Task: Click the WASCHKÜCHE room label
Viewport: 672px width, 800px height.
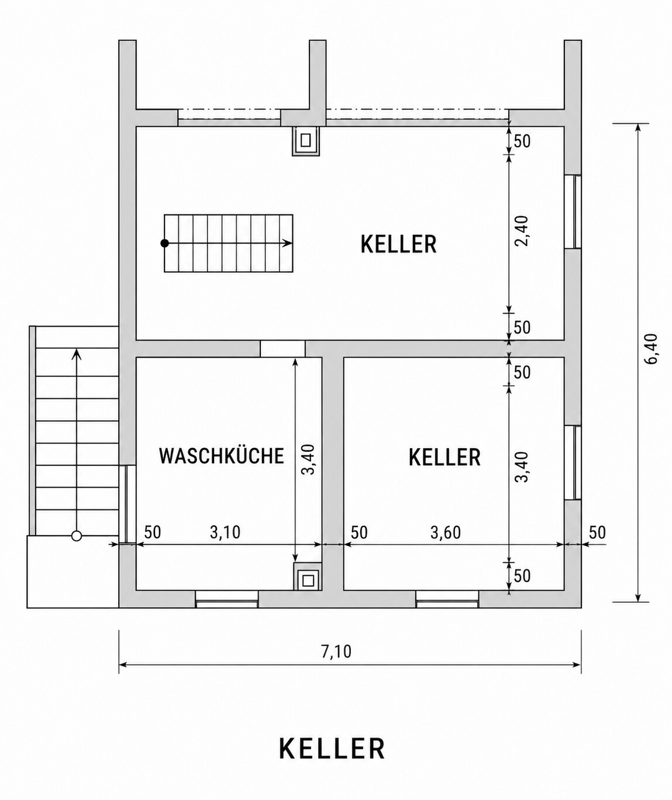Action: point(222,456)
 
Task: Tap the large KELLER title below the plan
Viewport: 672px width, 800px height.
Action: point(332,749)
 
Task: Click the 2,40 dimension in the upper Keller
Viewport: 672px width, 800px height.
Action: point(522,231)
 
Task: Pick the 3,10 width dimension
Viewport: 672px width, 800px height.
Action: point(225,532)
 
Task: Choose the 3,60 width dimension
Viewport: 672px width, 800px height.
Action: point(445,532)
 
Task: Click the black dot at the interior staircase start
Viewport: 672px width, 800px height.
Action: point(164,243)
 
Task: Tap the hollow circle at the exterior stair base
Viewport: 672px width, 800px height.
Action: point(77,536)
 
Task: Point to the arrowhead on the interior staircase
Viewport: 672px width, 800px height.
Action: point(288,243)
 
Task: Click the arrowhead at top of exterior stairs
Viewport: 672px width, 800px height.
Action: point(77,354)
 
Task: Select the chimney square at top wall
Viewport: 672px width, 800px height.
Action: point(306,141)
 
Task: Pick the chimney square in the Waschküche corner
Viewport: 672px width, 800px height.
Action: point(308,580)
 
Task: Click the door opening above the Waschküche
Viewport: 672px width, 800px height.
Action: point(282,349)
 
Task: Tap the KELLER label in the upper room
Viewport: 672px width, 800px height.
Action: point(398,244)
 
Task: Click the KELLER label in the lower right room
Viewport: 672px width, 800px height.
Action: point(444,457)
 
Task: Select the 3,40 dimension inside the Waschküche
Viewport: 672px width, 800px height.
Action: point(308,459)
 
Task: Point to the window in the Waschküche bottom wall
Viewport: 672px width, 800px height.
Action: point(227,599)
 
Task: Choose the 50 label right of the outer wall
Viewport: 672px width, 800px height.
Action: point(597,532)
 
